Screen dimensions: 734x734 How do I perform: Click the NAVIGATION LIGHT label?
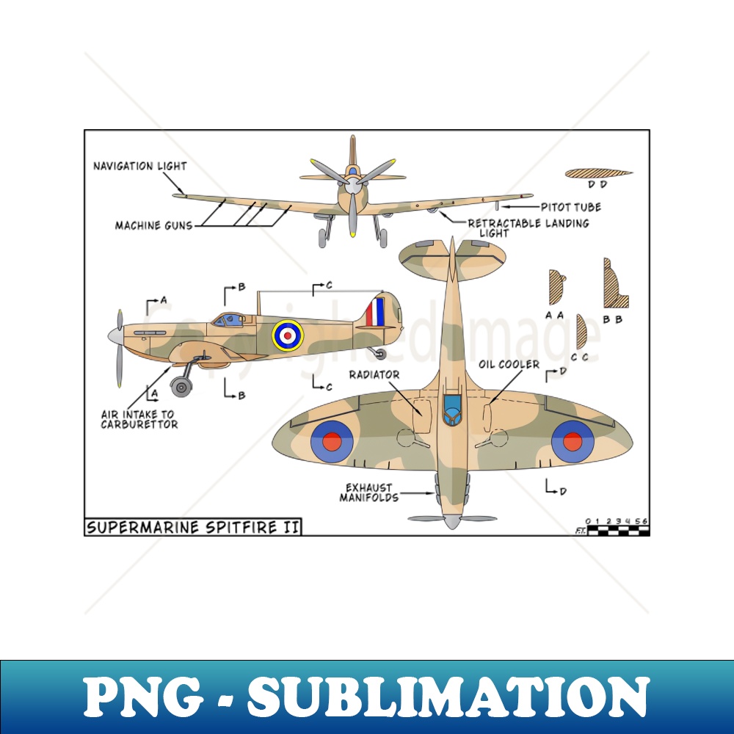coord(139,166)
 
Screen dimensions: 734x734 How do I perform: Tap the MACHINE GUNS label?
coord(153,225)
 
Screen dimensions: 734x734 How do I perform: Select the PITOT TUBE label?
coord(571,208)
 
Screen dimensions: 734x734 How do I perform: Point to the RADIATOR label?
coord(374,375)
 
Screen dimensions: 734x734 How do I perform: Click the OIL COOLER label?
coord(509,364)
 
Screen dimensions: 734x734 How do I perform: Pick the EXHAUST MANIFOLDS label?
coord(368,493)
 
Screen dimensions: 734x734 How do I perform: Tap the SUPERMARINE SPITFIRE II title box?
coord(193,527)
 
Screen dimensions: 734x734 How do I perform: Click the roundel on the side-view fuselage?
coord(288,335)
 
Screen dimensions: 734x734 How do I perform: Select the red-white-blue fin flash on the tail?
coord(375,312)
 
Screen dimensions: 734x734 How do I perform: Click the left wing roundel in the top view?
coord(332,441)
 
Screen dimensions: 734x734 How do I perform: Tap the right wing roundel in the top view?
coord(573,441)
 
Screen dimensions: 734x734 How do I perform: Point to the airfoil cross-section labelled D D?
coord(598,173)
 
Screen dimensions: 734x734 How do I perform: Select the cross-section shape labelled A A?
coord(556,287)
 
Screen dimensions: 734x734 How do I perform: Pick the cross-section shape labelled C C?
coord(581,332)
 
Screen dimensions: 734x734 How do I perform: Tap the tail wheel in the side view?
coord(380,354)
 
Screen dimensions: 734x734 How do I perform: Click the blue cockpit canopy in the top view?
coord(451,407)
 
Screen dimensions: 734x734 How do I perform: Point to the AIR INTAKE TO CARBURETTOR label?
coord(139,419)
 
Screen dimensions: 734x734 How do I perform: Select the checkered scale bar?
coord(617,530)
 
